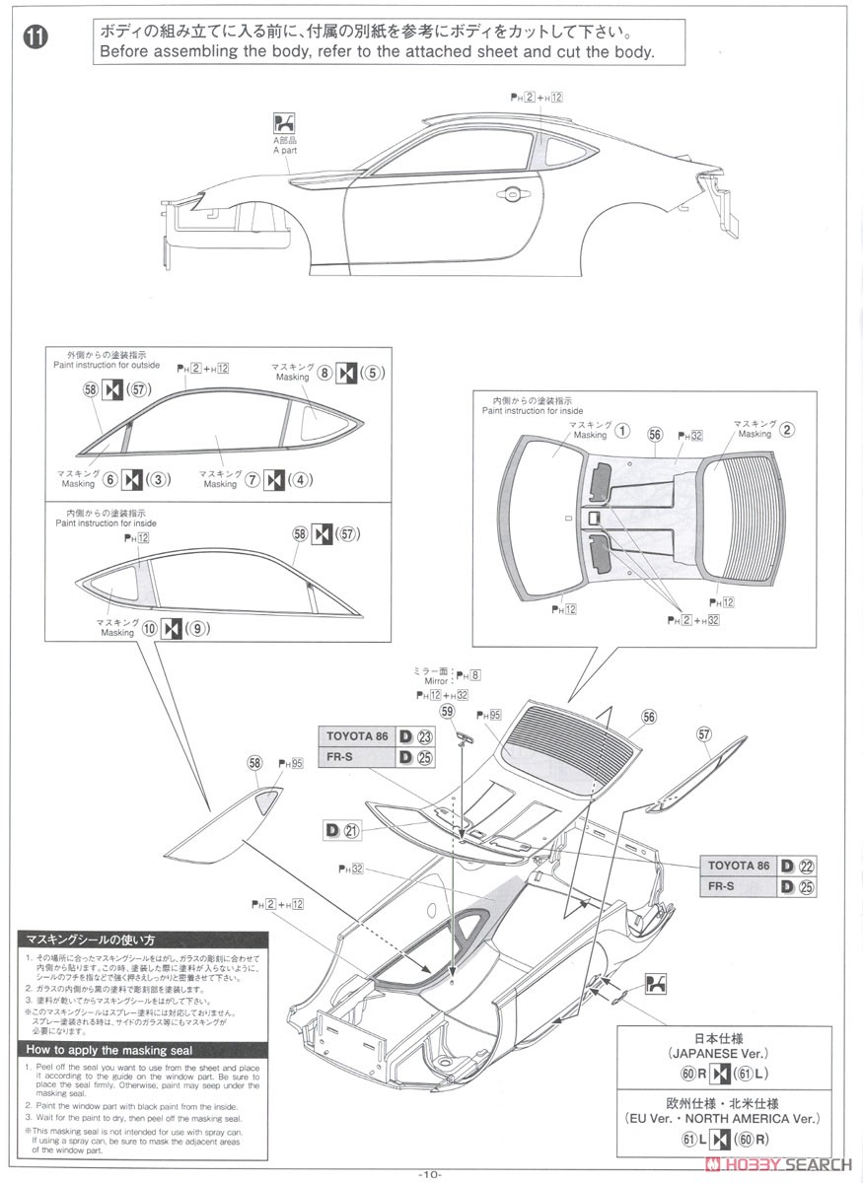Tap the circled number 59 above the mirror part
pos(448,710)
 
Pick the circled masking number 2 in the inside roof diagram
pos(786,429)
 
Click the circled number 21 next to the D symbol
pos(352,830)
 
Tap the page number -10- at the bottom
pos(430,1173)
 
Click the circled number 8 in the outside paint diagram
pos(324,374)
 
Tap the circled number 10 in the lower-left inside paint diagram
pos(149,627)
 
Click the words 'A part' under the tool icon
pos(284,150)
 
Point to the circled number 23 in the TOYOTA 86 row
pos(425,735)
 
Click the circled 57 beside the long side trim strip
pos(703,733)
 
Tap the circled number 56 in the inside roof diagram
pos(655,434)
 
